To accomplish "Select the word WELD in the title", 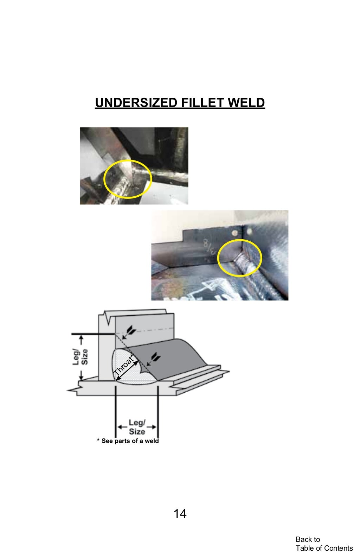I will point(246,103).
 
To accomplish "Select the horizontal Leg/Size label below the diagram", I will point(137,427).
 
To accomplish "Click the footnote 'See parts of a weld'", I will point(128,441).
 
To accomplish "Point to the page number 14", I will point(180,514).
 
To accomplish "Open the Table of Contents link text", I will point(324,548).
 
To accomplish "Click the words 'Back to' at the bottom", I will point(308,539).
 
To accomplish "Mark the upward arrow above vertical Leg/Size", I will point(81,340).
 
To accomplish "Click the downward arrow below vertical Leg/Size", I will point(81,375).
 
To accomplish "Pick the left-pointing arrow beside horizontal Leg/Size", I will point(122,427).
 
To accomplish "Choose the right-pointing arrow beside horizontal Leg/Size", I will point(152,427).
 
